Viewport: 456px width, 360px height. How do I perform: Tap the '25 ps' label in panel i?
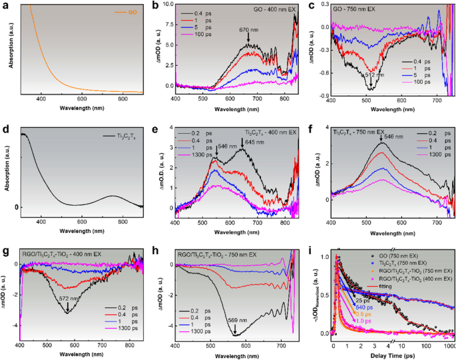point(359,300)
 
